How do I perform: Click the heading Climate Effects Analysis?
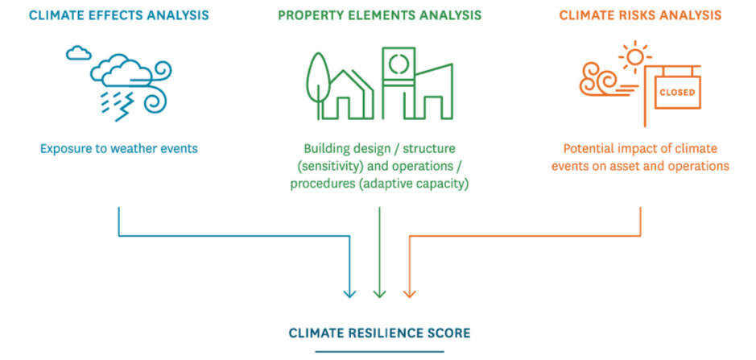[119, 15]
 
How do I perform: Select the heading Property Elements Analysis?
[380, 15]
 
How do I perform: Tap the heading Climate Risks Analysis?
[641, 15]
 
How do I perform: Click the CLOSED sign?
[677, 92]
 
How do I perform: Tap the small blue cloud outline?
[78, 52]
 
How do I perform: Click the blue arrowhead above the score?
[349, 293]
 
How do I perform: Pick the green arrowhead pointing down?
[380, 293]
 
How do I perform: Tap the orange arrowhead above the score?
[409, 293]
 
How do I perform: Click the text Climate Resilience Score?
[379, 333]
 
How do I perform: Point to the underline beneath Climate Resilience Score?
[379, 352]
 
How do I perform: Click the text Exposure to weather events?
[119, 149]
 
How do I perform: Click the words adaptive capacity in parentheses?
[414, 185]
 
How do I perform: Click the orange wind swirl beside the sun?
[601, 80]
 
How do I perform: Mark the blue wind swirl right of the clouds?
[157, 86]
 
